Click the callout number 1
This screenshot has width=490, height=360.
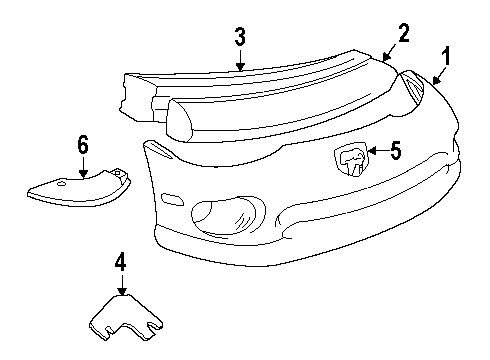(x=448, y=57)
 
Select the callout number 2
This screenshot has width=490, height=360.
(x=403, y=33)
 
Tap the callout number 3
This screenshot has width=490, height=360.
(x=240, y=38)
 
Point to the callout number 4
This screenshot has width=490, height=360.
(x=120, y=263)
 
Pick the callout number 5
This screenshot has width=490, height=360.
(x=394, y=152)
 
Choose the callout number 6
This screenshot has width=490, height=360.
(x=82, y=146)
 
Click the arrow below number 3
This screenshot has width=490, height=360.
(x=240, y=60)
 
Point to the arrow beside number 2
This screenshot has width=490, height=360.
(x=391, y=51)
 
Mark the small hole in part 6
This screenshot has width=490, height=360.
(x=61, y=184)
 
